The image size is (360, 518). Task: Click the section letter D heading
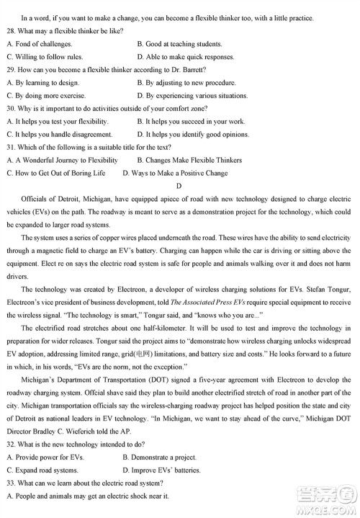coord(180,187)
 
